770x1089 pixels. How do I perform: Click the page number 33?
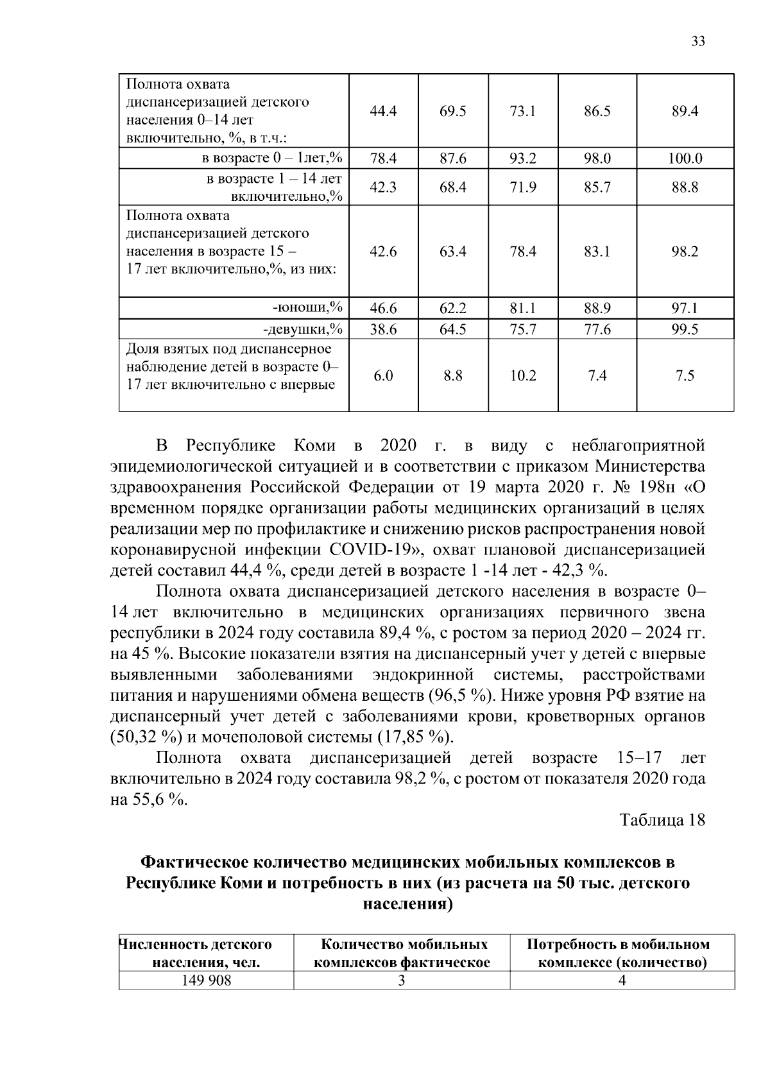698,42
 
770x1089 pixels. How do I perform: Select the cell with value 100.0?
685,159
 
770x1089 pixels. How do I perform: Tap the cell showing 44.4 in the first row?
383,111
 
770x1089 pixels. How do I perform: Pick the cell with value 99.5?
685,330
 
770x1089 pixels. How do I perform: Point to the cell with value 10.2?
523,375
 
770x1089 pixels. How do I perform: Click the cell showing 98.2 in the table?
685,252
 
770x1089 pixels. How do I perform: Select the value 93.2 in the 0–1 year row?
523,159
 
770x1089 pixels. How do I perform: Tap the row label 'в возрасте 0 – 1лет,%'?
273,159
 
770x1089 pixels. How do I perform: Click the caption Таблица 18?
662,819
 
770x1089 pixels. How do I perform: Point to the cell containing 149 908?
206,981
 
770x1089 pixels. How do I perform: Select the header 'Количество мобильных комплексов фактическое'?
402,953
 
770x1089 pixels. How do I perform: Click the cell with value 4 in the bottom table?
622,981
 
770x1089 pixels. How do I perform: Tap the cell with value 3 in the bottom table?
402,981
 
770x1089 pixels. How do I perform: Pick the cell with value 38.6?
383,330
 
